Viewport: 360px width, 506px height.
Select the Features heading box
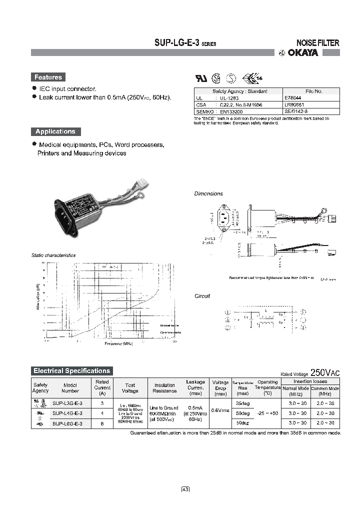point(48,77)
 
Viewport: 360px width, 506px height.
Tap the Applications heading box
point(55,131)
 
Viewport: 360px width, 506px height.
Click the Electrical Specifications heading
point(71,371)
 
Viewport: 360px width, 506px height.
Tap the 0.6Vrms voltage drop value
point(220,410)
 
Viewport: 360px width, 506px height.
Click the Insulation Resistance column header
point(164,388)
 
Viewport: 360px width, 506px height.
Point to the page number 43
point(185,489)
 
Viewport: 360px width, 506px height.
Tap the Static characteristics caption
point(53,255)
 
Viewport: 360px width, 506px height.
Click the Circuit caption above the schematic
point(202,296)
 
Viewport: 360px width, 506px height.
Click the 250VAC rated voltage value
point(325,372)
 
